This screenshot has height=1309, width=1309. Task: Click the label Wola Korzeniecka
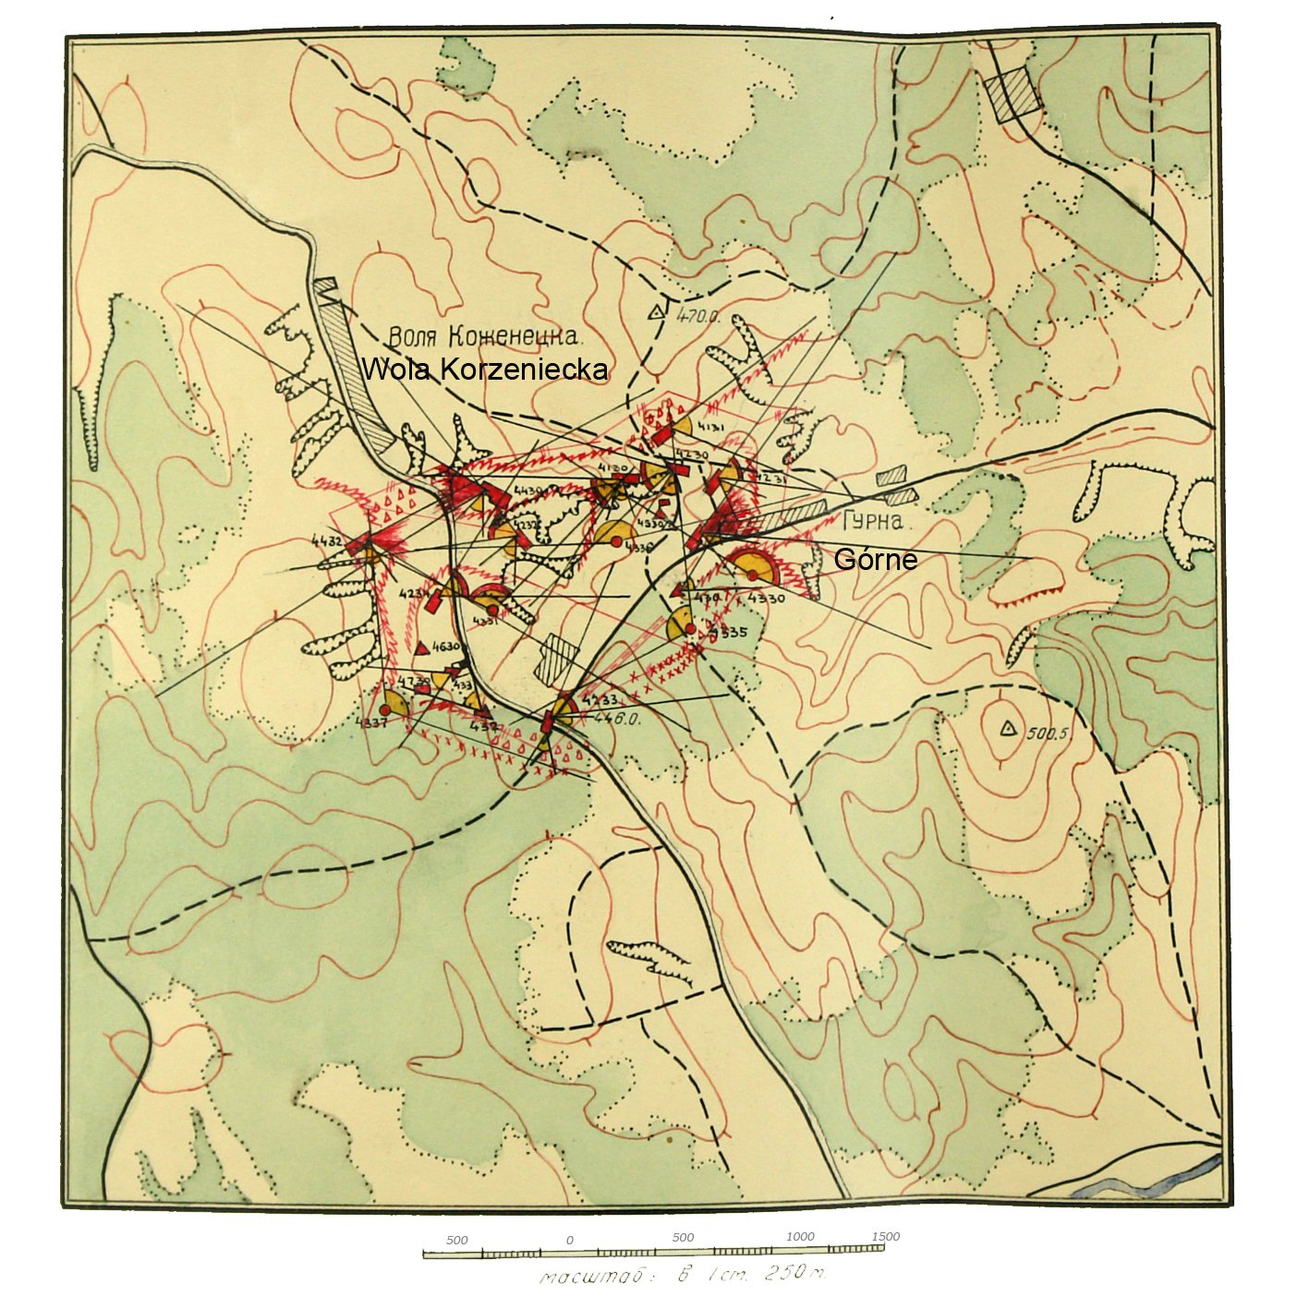point(485,370)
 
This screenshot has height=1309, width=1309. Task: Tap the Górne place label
point(875,560)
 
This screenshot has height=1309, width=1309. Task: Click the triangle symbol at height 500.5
point(1008,729)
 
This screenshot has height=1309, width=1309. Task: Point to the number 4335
point(729,633)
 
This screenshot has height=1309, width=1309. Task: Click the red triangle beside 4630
point(422,648)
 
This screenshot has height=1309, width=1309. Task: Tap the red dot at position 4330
point(753,575)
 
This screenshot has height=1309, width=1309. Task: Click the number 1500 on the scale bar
point(884,1236)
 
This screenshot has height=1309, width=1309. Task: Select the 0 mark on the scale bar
point(569,1240)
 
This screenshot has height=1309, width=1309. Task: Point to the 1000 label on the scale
point(800,1237)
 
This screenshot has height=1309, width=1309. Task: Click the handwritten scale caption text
point(684,1276)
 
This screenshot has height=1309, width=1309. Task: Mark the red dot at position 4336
point(616,542)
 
